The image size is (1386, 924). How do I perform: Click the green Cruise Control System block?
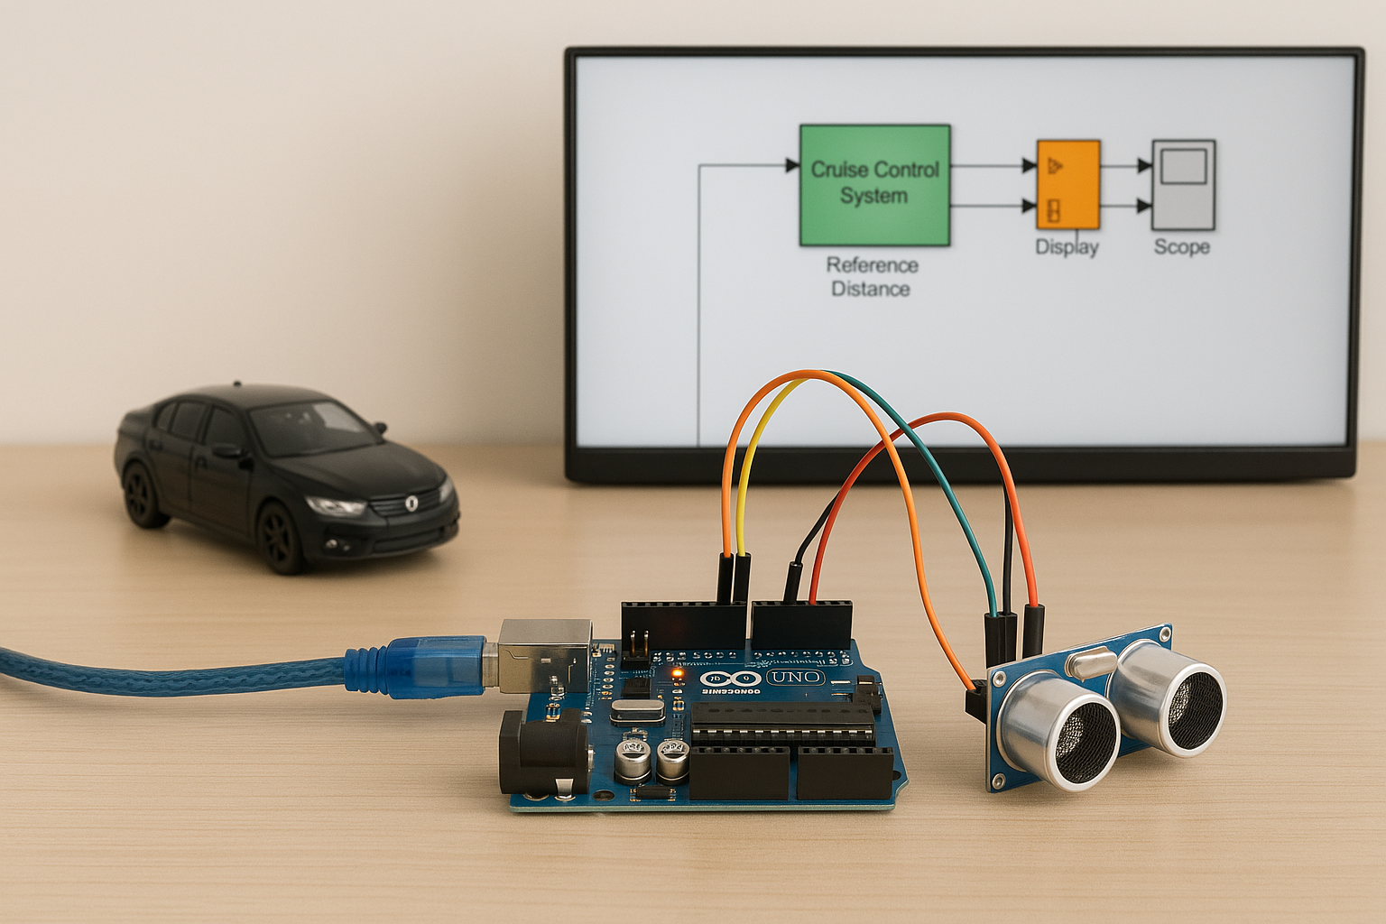[874, 185]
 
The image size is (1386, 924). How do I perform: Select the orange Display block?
[1067, 185]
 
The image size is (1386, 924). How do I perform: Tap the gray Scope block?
[1183, 184]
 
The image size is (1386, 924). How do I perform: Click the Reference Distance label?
[872, 277]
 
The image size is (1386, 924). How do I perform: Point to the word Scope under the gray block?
[1181, 246]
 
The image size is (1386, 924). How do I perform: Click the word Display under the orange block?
[1067, 247]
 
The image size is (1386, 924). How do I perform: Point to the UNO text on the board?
[796, 677]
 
